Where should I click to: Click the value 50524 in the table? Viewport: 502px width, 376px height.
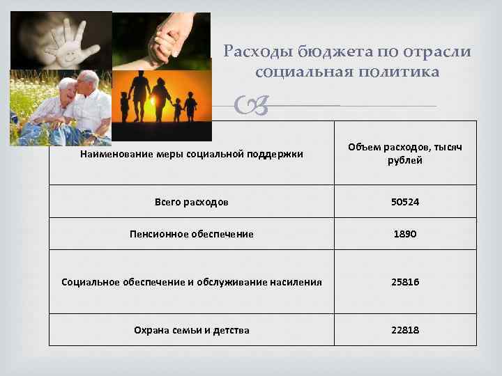(405, 202)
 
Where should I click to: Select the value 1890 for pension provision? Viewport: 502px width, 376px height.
(405, 234)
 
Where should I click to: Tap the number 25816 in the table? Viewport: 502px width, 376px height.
(405, 282)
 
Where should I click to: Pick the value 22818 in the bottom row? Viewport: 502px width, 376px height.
(405, 330)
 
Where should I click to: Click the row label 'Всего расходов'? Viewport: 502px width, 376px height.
(191, 202)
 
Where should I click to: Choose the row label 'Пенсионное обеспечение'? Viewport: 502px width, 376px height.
(191, 234)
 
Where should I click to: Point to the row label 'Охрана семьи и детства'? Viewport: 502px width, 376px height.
(191, 330)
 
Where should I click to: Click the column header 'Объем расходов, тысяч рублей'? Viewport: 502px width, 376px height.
(405, 153)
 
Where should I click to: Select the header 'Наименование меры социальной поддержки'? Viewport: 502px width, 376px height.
(191, 154)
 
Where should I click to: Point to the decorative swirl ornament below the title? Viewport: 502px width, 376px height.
(257, 107)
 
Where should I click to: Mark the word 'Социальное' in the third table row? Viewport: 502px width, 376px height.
(87, 282)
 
